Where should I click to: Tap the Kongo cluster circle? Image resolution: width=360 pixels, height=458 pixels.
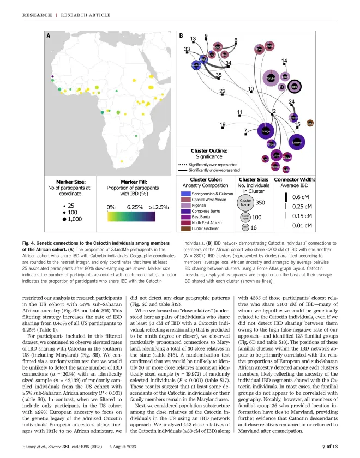point(266,131)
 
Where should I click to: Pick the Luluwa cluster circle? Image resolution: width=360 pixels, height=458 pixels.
point(296,143)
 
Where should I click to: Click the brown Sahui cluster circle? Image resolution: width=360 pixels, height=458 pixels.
point(310,123)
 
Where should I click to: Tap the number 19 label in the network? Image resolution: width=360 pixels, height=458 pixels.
point(223,125)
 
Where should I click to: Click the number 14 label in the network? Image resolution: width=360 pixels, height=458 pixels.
point(284,61)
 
